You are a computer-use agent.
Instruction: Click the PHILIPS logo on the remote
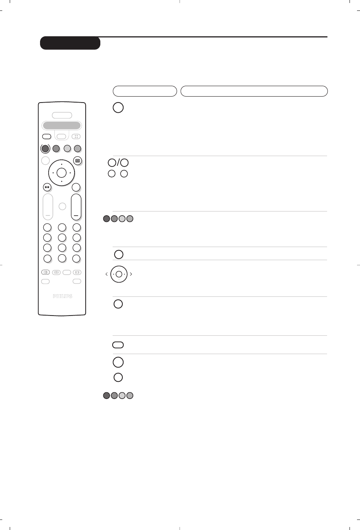click(62, 296)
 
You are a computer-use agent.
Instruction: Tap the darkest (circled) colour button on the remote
click(45, 149)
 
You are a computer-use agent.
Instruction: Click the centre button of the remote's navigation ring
click(62, 173)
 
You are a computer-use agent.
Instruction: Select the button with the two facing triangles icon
click(47, 187)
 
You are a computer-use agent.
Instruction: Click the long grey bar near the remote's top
click(62, 125)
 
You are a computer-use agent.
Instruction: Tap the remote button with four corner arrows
click(76, 137)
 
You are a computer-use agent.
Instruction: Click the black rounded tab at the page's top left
click(70, 43)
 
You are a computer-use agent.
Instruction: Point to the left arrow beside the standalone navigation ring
click(107, 274)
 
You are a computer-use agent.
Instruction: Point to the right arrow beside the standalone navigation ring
click(131, 274)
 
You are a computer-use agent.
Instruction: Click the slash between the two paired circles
click(118, 162)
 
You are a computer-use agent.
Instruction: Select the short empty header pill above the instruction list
click(145, 91)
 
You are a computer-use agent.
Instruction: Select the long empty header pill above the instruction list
click(254, 91)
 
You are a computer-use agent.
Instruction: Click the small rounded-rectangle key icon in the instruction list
click(118, 345)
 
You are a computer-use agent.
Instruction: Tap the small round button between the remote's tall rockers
click(62, 206)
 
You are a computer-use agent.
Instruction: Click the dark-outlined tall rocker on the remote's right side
click(76, 206)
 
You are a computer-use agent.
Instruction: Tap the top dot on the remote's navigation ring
click(62, 164)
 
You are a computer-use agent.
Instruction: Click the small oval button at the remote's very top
click(62, 115)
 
